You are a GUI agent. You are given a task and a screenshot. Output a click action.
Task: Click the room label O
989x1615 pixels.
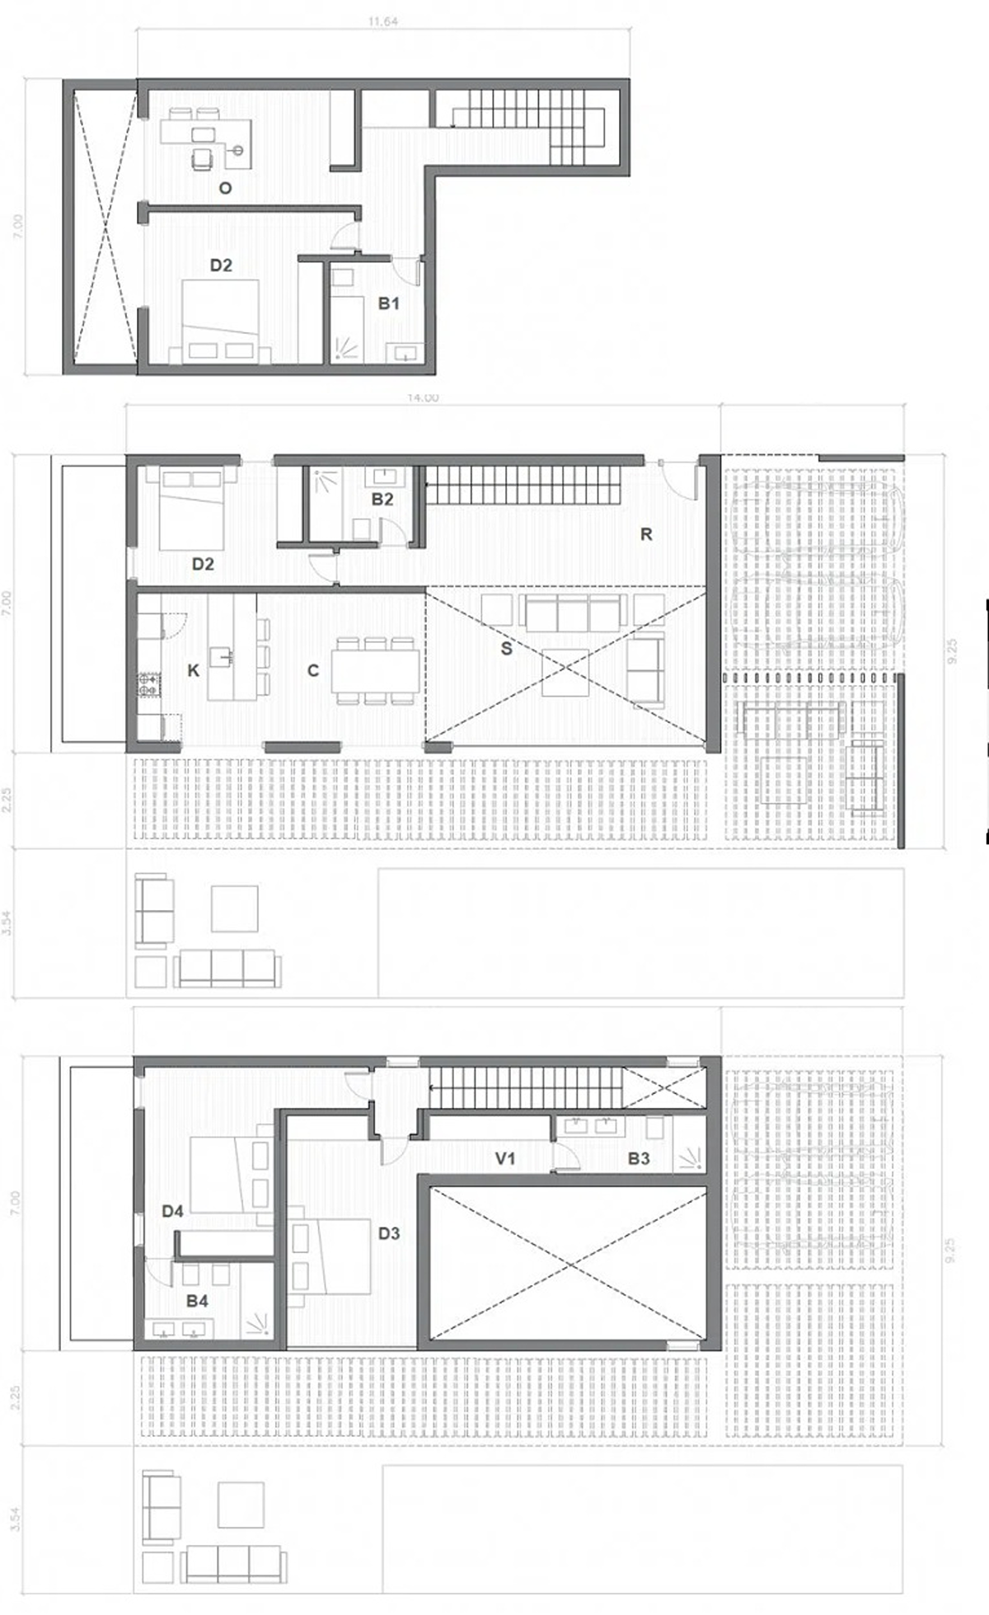[225, 188]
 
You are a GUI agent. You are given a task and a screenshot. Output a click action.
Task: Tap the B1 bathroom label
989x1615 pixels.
[388, 303]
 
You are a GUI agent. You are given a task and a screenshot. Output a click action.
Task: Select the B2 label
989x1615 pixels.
[382, 499]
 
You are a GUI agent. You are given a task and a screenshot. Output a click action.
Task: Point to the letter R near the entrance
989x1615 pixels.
[645, 534]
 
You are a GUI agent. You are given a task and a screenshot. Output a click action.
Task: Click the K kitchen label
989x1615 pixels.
[193, 670]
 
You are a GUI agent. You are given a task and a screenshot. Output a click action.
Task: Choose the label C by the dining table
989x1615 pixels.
[312, 671]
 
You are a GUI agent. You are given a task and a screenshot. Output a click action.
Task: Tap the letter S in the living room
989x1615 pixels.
[506, 649]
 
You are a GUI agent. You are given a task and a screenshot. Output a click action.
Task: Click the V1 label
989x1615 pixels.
[505, 1158]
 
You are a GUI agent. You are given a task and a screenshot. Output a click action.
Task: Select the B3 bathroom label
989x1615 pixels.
[639, 1158]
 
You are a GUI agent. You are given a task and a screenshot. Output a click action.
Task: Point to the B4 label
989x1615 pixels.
[197, 1301]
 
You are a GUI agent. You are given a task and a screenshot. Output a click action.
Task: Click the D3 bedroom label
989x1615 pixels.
[388, 1233]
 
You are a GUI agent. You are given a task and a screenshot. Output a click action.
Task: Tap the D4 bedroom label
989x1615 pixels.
[172, 1211]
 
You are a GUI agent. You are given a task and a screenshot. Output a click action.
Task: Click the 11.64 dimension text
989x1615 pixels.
[383, 22]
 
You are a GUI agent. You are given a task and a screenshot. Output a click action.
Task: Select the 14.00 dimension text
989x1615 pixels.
[422, 398]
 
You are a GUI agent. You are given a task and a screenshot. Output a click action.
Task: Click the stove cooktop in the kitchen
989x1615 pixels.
[148, 683]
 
